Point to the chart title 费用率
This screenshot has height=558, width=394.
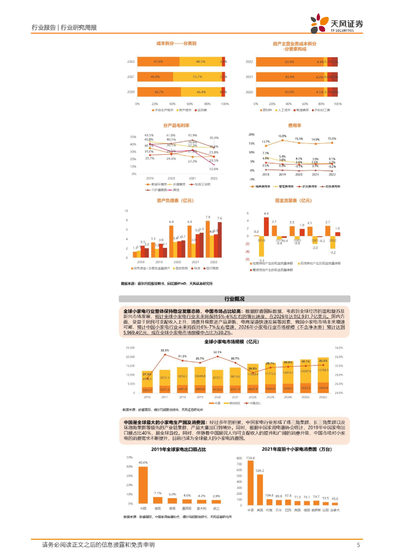[295, 124]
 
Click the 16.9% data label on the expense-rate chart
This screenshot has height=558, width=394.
[282, 136]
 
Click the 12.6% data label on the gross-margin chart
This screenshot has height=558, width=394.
[214, 169]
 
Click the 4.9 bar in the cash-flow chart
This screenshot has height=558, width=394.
[266, 228]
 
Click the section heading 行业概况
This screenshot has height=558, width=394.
[235, 299]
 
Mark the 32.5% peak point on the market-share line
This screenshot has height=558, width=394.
[165, 354]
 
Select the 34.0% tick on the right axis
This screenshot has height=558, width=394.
[353, 348]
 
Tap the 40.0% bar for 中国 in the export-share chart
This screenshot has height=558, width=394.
[143, 486]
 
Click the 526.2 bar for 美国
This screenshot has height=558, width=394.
[260, 489]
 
